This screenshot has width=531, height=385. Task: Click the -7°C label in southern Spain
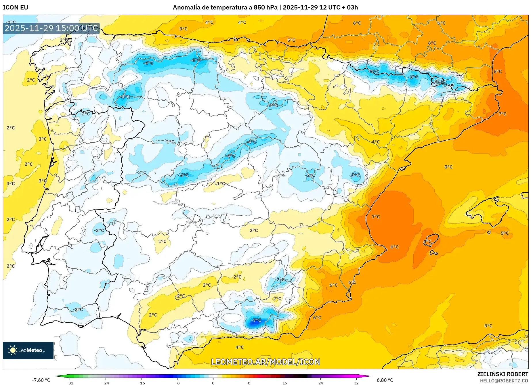click(x=256, y=320)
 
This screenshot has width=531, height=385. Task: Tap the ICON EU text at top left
click(x=16, y=7)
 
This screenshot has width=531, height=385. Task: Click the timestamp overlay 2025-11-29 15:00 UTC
click(x=51, y=28)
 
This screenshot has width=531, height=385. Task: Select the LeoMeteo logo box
click(x=28, y=350)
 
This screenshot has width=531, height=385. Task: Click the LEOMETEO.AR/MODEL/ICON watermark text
click(x=265, y=362)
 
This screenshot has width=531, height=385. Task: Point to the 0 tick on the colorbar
click(x=213, y=383)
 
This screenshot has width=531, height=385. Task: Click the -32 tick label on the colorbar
click(x=70, y=383)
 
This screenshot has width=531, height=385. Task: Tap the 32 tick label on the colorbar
click(x=356, y=383)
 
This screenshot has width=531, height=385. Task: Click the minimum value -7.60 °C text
click(x=41, y=380)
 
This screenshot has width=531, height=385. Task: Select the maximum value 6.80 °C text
click(x=385, y=380)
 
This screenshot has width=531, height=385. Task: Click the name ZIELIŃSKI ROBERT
click(x=503, y=374)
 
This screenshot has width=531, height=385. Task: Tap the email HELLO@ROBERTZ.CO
click(x=504, y=381)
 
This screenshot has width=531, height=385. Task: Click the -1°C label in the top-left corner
click(x=11, y=22)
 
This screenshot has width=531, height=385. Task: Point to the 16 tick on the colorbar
click(x=284, y=383)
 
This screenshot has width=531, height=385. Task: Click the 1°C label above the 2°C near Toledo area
click(x=221, y=183)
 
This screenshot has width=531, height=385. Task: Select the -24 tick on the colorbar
click(x=106, y=383)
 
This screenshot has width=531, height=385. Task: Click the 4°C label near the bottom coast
click(x=240, y=347)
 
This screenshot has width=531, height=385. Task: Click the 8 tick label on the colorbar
click(x=249, y=383)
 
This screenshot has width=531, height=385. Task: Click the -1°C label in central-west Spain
click(x=169, y=142)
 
